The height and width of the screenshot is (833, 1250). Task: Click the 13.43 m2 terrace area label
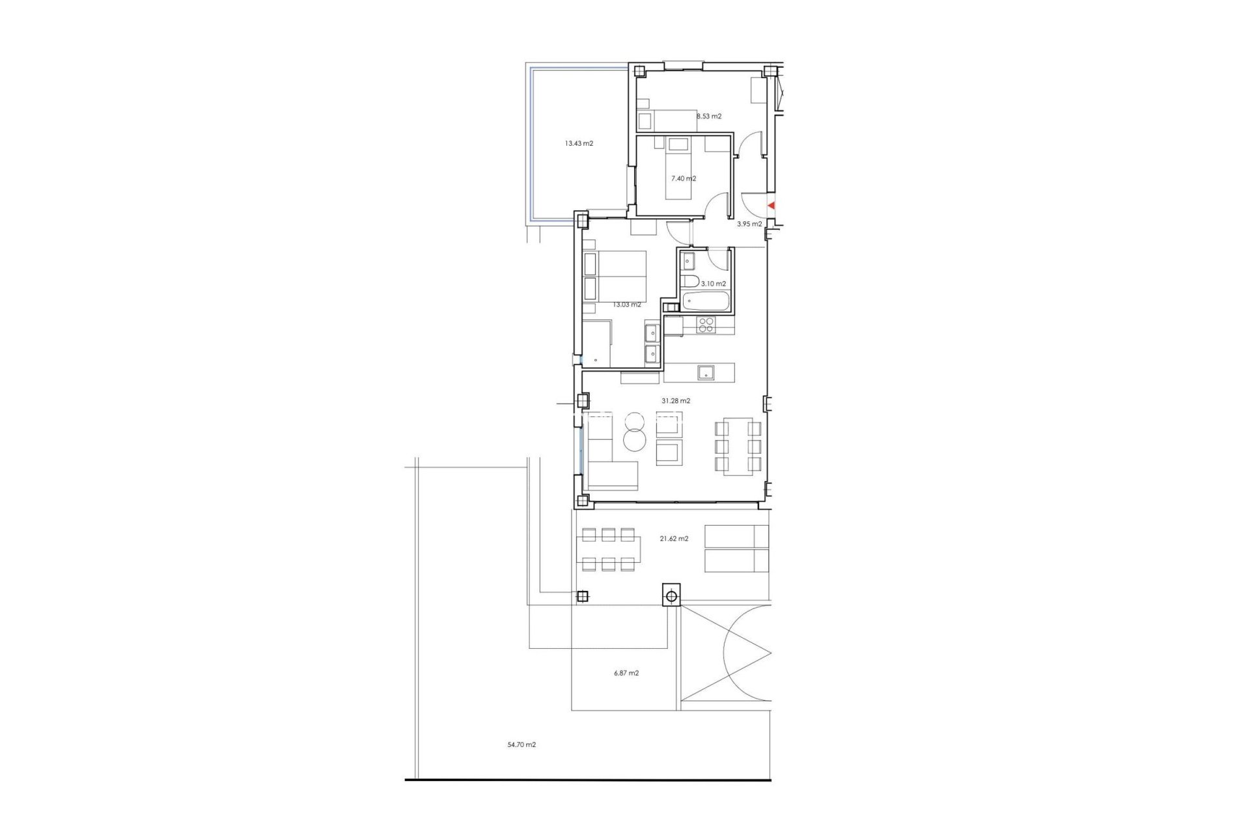pos(579,144)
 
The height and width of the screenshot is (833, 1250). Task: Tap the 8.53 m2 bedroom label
pos(709,116)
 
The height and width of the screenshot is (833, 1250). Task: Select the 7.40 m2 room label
pos(684,178)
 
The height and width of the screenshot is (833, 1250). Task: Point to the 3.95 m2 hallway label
pos(749,224)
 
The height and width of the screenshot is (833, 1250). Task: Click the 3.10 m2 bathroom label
pos(714,284)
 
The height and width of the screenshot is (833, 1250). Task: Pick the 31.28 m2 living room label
pos(676,401)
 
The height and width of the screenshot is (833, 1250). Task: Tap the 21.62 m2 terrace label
pos(674,539)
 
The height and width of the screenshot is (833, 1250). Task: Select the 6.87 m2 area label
pos(626,673)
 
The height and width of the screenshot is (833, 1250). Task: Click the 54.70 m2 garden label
pos(521,744)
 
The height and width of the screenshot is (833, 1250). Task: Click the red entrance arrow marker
pos(771,206)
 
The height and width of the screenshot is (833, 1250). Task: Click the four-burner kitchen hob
pos(706,324)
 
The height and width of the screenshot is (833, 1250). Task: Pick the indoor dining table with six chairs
pos(738,446)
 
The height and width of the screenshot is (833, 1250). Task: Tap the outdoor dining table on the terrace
pos(608,550)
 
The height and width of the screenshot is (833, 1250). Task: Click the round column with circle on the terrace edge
pos(672,595)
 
